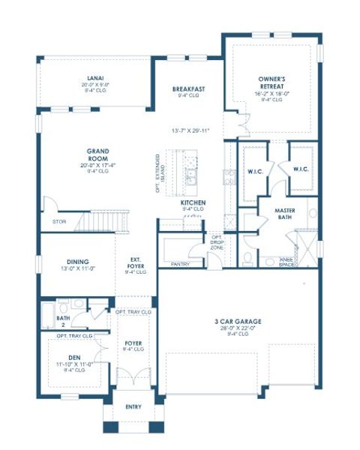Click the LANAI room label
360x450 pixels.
94,76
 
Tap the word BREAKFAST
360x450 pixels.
188,88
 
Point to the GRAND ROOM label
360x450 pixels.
99,154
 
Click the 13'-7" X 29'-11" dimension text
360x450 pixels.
190,130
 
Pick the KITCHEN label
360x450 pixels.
193,203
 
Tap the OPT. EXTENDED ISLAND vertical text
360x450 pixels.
157,172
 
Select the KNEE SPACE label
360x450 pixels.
286,262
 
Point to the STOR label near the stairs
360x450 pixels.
58,222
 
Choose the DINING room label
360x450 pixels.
69,262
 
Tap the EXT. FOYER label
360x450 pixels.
136,262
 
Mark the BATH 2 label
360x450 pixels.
64,321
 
